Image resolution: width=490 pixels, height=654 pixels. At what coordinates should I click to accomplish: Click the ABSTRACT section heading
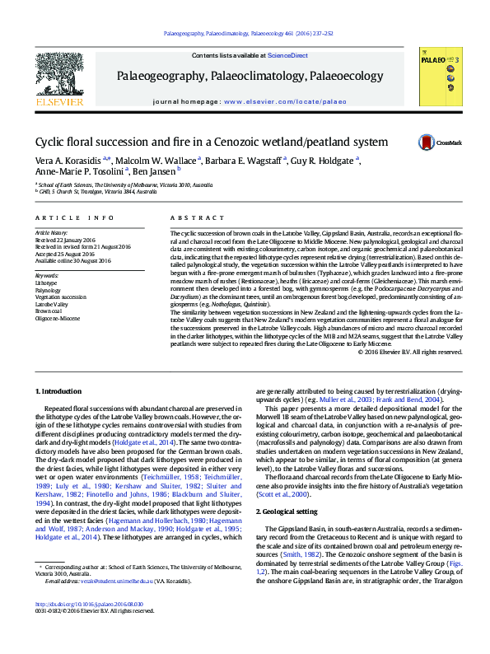click(x=191, y=217)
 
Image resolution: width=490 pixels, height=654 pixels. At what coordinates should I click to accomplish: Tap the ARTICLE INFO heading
click(x=75, y=217)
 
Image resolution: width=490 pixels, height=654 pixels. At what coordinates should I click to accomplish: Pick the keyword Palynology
click(x=48, y=291)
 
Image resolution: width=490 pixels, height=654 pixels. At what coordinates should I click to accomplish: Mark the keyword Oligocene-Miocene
click(x=58, y=317)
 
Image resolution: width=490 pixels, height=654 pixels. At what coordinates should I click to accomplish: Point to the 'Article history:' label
click(x=52, y=233)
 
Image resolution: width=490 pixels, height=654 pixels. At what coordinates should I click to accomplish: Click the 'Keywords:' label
click(x=47, y=275)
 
